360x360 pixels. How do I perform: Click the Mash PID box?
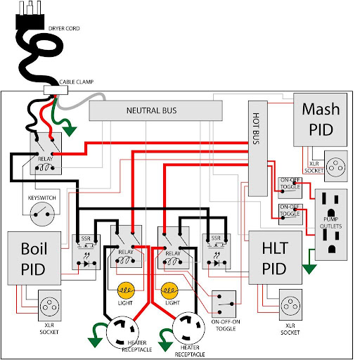[x=320, y=120]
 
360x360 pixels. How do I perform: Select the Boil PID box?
[x=34, y=258]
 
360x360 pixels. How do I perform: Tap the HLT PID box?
[x=275, y=257]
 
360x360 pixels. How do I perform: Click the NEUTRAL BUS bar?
[x=155, y=110]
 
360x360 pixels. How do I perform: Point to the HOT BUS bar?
[x=258, y=148]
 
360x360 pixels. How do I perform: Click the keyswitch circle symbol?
[x=42, y=214]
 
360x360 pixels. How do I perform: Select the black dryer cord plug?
[x=30, y=15]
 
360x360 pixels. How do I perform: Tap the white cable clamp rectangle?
[x=56, y=90]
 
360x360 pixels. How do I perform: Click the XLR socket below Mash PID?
[x=335, y=166]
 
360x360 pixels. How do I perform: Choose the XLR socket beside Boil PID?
[x=50, y=305]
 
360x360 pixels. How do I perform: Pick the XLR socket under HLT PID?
[x=290, y=304]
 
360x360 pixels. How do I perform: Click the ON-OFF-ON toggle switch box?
[x=224, y=304]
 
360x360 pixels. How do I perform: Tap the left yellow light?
[x=126, y=290]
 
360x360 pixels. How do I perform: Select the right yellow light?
[x=169, y=290]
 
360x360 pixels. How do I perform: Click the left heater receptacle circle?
[x=122, y=332]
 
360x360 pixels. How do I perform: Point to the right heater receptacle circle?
[x=188, y=328]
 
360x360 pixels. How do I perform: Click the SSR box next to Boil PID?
[x=86, y=252]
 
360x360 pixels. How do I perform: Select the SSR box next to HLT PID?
[x=217, y=251]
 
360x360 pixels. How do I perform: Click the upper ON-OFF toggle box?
[x=290, y=188]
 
